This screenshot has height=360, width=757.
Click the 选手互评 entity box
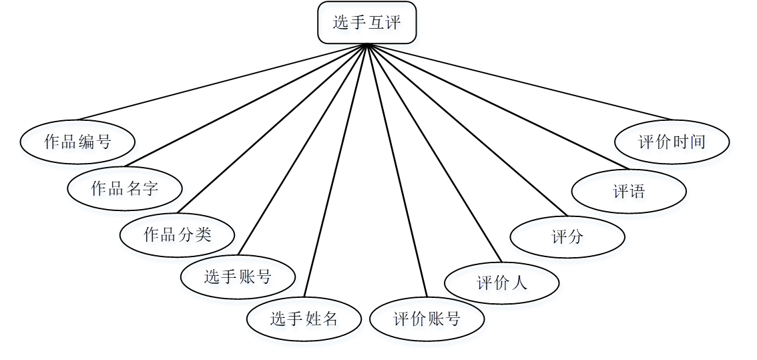[366, 23]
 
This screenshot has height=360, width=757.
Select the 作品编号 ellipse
[77, 142]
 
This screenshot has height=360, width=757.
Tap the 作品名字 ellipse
[125, 188]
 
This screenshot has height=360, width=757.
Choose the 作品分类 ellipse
[178, 234]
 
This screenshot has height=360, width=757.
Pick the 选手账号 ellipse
[238, 277]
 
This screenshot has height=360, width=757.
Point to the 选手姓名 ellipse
[304, 319]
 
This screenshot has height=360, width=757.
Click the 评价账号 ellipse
[427, 319]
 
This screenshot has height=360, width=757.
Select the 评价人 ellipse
[502, 283]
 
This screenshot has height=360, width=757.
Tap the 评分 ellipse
[567, 236]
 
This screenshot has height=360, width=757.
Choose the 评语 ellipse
[629, 192]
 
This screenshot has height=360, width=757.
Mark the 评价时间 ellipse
[672, 142]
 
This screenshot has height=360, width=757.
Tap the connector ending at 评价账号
[397, 170]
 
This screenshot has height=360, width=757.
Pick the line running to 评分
[467, 130]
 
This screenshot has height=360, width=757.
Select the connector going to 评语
[497, 106]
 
